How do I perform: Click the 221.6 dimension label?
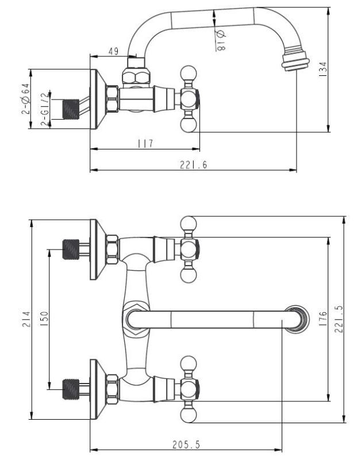pyautogui.click(x=193, y=165)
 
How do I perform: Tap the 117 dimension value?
pyautogui.click(x=144, y=144)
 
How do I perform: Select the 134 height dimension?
pyautogui.click(x=340, y=70)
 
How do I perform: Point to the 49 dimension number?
pyautogui.click(x=114, y=52)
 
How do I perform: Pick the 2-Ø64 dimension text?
pyautogui.click(x=25, y=98)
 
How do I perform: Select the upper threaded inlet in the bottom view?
pyautogui.click(x=70, y=248)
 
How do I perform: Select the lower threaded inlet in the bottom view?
pyautogui.click(x=70, y=389)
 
